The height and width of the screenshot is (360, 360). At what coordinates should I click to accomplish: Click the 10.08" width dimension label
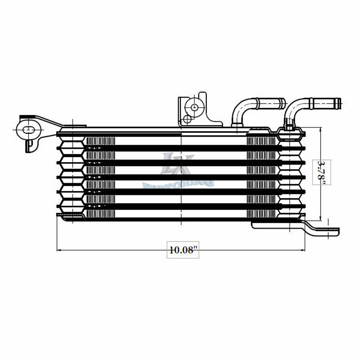(184, 250)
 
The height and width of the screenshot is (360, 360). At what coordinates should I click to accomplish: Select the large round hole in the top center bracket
(195, 107)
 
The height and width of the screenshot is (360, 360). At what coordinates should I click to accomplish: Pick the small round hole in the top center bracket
(187, 118)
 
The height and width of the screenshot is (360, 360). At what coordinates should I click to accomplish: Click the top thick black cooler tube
(180, 147)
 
